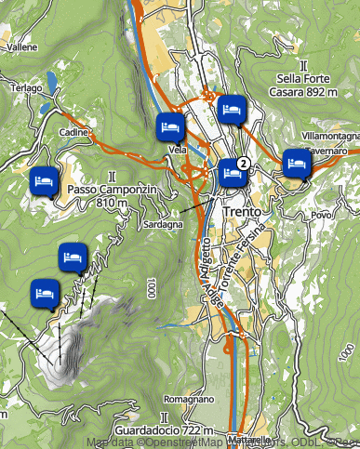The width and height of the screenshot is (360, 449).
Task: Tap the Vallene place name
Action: pyautogui.click(x=21, y=46)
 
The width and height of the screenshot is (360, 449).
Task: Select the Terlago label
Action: pyautogui.click(x=26, y=87)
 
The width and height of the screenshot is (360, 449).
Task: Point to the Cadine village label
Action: pyautogui.click(x=73, y=133)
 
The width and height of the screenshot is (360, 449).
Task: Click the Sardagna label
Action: pyautogui.click(x=161, y=225)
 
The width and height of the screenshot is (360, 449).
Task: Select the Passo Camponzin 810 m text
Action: pyautogui.click(x=110, y=195)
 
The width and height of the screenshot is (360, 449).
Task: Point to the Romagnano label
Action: pyautogui.click(x=194, y=399)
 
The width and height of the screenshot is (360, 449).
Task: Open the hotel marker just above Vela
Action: pyautogui.click(x=169, y=125)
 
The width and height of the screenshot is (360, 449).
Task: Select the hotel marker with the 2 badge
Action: pyautogui.click(x=232, y=173)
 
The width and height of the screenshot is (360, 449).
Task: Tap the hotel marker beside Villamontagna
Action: pyautogui.click(x=296, y=163)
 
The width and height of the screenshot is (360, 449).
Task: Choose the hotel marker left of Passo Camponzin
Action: pyautogui.click(x=41, y=179)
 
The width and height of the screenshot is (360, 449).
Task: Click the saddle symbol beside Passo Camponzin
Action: pyautogui.click(x=112, y=175)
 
